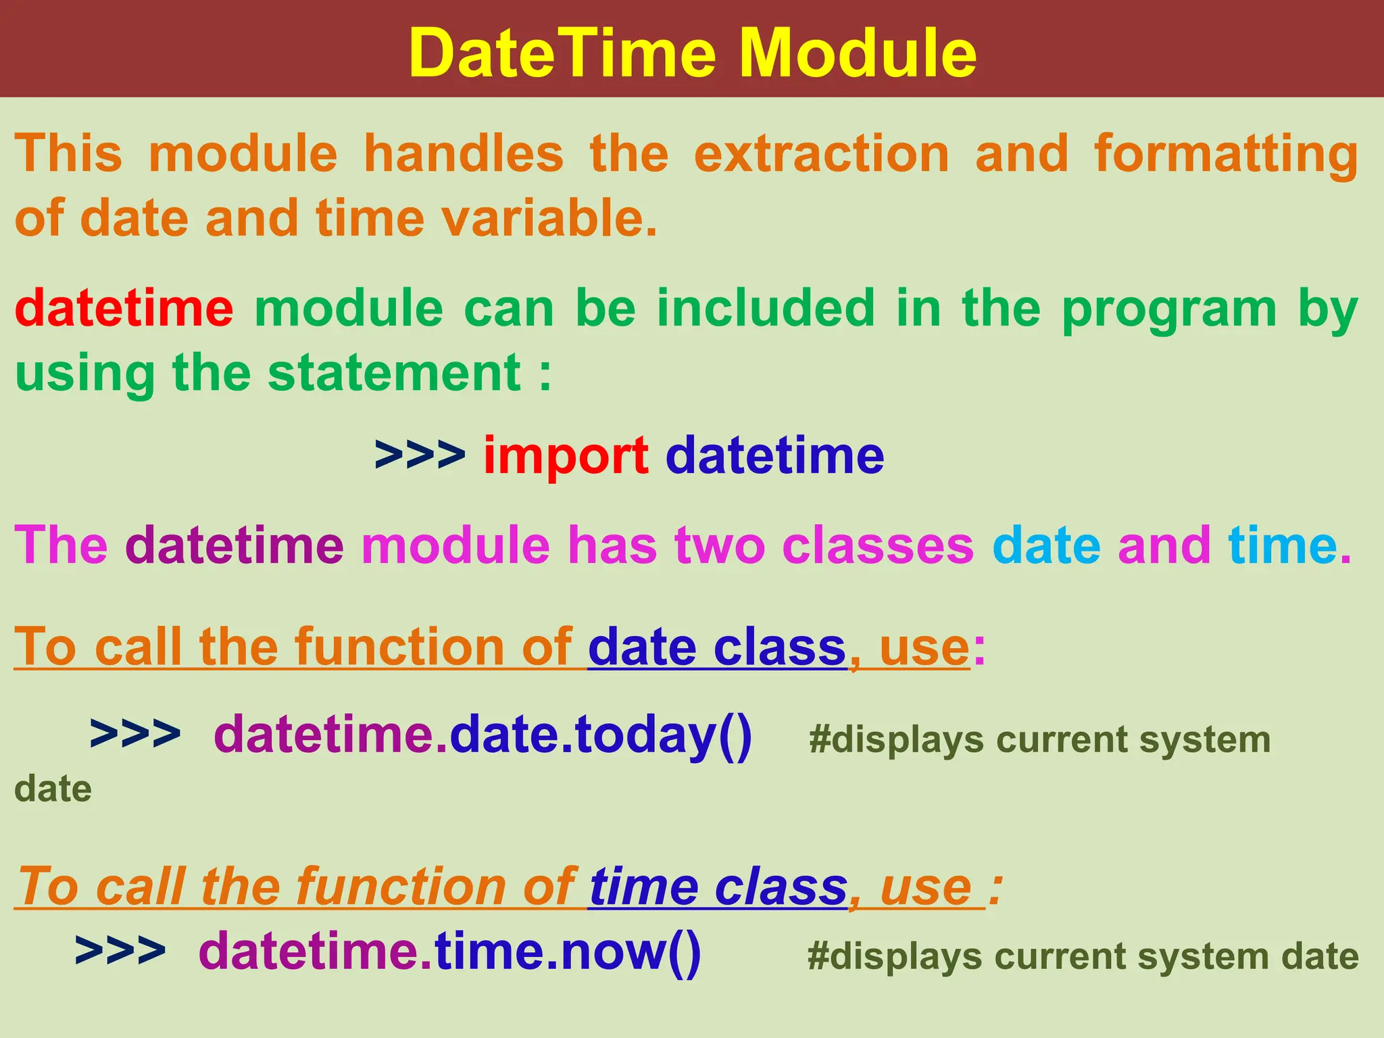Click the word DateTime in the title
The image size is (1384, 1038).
(562, 54)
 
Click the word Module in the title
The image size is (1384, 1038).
(858, 54)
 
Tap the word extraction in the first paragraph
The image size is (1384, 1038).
(822, 154)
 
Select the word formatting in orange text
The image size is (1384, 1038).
(1225, 154)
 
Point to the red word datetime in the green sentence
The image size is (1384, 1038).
(124, 308)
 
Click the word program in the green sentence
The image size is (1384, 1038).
(1169, 310)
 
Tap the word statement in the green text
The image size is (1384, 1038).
(394, 373)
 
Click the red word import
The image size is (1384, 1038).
(566, 456)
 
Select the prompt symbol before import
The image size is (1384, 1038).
(420, 456)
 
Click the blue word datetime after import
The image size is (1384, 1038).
(774, 456)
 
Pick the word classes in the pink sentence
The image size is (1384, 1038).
(878, 546)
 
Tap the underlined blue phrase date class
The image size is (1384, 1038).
(717, 647)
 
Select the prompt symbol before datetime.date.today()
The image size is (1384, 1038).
(135, 735)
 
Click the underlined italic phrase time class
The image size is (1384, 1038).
(718, 887)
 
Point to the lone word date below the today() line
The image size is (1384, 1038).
(53, 789)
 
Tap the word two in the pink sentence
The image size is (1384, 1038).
(719, 546)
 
